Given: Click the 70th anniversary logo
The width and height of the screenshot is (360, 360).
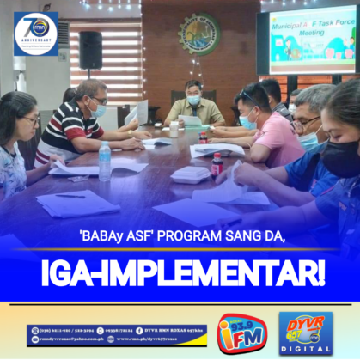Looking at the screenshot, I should point(35,34).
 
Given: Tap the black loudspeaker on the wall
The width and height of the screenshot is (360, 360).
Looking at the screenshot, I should point(90,50).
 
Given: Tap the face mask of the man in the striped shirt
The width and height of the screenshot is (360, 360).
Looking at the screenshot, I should point(100,111).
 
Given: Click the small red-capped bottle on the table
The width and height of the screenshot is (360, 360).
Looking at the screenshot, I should point(217,163).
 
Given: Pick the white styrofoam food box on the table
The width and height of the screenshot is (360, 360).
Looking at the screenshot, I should point(191,174).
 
